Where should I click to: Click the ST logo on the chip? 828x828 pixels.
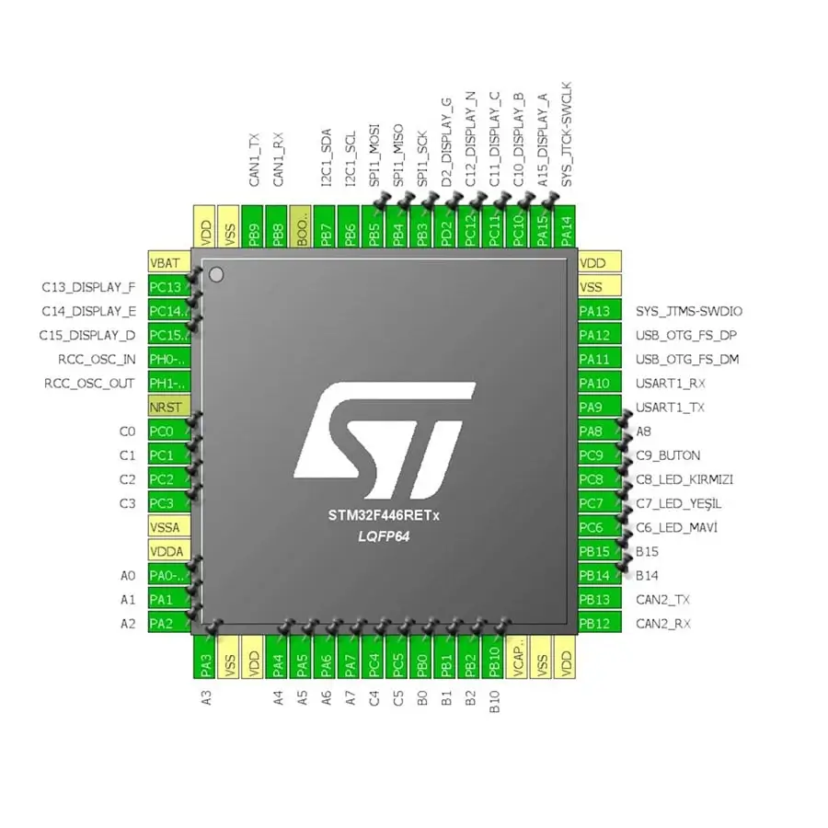[385, 441]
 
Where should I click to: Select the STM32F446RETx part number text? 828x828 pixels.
[384, 515]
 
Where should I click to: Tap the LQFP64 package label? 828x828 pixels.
[384, 536]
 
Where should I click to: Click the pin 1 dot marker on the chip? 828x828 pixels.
[216, 274]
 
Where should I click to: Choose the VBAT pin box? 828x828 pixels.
[169, 262]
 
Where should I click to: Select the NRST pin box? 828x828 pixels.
[169, 408]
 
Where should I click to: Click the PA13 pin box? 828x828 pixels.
[599, 311]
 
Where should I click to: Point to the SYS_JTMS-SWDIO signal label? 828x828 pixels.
[688, 311]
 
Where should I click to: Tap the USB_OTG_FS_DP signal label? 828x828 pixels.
[686, 335]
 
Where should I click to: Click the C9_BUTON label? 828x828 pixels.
[668, 455]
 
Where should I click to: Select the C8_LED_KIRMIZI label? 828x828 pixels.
[684, 479]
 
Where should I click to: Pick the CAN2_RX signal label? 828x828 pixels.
[662, 624]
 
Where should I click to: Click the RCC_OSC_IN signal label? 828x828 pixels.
[97, 360]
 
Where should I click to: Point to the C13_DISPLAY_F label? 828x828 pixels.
[88, 287]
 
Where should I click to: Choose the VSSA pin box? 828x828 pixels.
[169, 527]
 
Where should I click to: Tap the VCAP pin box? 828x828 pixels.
[517, 657]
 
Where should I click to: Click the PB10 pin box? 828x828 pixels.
[494, 657]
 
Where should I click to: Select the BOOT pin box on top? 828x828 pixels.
[302, 226]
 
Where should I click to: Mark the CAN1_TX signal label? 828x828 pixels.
[254, 160]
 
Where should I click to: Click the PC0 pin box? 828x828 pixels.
[169, 431]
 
